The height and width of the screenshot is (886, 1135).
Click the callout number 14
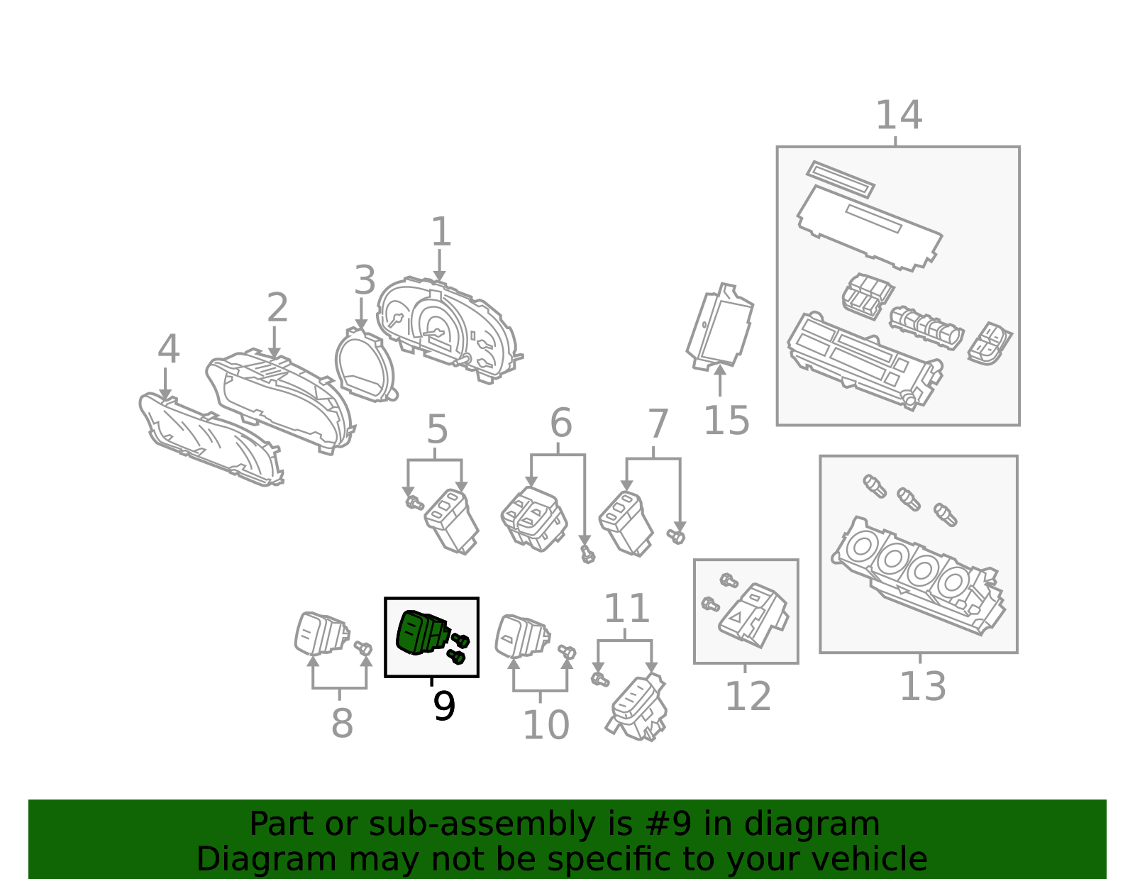tap(898, 116)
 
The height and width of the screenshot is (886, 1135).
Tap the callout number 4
tap(169, 349)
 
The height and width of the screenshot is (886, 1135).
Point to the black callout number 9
tap(444, 706)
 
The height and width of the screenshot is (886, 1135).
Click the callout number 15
tap(726, 420)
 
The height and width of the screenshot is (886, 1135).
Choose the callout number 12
tap(748, 696)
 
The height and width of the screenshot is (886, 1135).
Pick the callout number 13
tap(922, 687)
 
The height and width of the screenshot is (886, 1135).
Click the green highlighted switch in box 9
tap(422, 633)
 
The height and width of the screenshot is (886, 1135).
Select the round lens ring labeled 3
tap(365, 365)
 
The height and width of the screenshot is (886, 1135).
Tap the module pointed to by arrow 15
tap(719, 327)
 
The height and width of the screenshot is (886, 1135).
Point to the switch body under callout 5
tap(451, 521)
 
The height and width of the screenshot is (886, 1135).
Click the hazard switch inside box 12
tap(752, 616)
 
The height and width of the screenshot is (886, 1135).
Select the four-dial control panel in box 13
tap(918, 576)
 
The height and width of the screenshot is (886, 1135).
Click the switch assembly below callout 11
tap(636, 707)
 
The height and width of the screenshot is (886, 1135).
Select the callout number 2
tap(277, 308)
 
